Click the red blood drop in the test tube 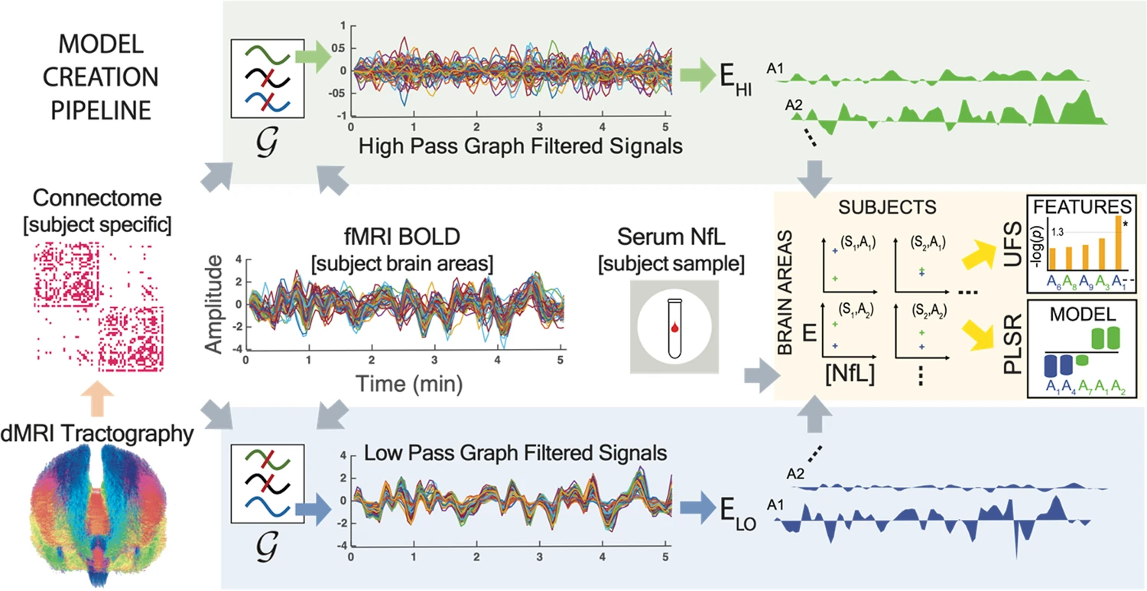click(x=674, y=328)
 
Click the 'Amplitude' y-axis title click(x=217, y=304)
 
